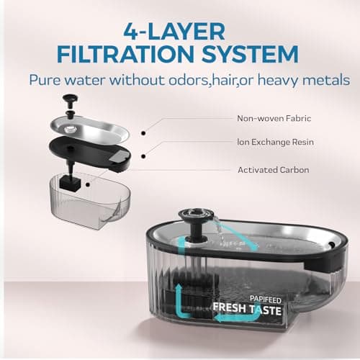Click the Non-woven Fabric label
coord(270,118)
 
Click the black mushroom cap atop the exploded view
coord(70,98)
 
